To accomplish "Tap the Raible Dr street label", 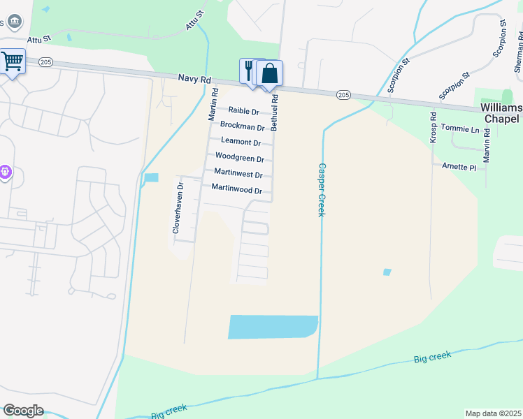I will tap(244, 111).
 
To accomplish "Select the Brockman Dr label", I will tap(242, 126).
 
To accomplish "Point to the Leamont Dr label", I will tap(241, 142).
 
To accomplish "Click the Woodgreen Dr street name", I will tap(239, 158).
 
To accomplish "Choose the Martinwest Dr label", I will tap(238, 174).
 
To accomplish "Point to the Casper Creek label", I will tap(322, 189).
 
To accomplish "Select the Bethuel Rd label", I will tap(275, 113).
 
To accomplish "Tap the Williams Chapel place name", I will tap(501, 113).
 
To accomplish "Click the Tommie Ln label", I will tap(465, 130).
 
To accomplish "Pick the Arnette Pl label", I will tap(459, 168).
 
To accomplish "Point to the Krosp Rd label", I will tap(433, 128).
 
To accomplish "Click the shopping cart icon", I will tap(12, 61).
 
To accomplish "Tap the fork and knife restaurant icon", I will tap(249, 70).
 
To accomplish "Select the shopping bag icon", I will tap(269, 73).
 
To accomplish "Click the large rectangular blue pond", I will tap(273, 326).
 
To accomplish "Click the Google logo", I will tap(23, 410).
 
